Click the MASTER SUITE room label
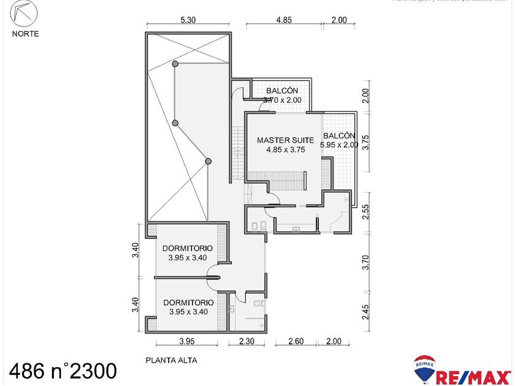point(285,140)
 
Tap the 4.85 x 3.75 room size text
point(285,149)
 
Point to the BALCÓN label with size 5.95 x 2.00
point(339,136)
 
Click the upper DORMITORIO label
point(188,248)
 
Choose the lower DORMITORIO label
point(188,302)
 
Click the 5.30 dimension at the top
point(188,20)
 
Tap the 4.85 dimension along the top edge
point(283,20)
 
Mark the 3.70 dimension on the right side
point(365,262)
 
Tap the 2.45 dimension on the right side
point(365,312)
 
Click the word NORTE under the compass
point(25,34)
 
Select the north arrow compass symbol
point(25,13)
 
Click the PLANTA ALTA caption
point(171,361)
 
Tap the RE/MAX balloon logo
point(424,369)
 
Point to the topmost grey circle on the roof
point(175,63)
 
